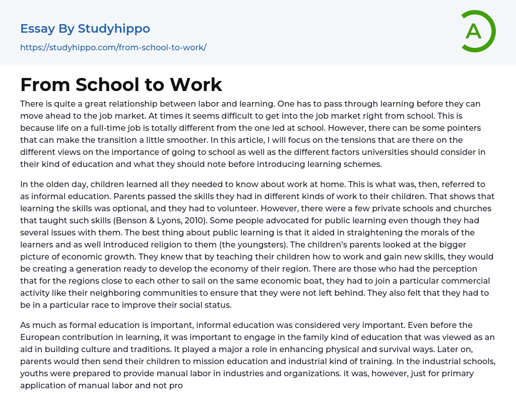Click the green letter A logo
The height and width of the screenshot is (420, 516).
pyautogui.click(x=476, y=31)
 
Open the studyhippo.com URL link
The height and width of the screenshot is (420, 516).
pyautogui.click(x=113, y=48)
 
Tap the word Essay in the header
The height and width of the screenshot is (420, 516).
pyautogui.click(x=37, y=29)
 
